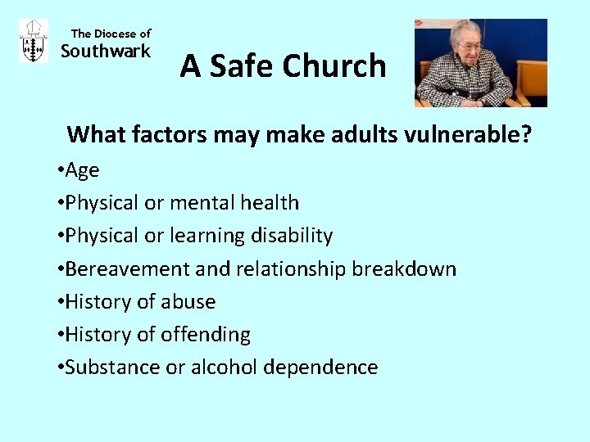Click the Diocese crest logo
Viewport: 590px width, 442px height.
pos(33,41)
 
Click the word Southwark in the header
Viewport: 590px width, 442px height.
pos(107,52)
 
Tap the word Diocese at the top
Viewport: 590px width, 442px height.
pos(116,34)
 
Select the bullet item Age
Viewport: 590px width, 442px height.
pos(81,170)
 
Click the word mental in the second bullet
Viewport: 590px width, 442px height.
pos(217,203)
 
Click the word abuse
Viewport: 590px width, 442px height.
pos(188,302)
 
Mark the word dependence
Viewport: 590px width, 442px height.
pos(320,368)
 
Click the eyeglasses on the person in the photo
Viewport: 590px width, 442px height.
pos(470,47)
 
